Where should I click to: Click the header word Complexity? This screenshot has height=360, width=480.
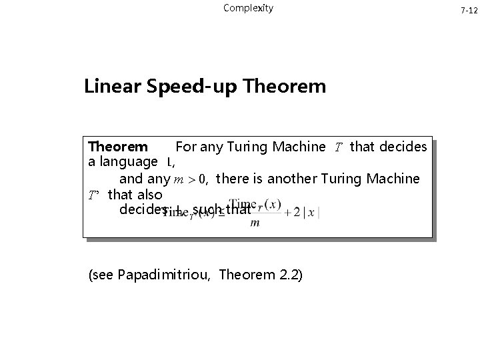[x=248, y=9]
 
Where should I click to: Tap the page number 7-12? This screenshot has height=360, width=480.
[x=469, y=11]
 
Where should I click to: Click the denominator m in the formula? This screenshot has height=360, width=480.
[x=255, y=223]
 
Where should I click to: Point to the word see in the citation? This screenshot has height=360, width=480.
[x=103, y=274]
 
